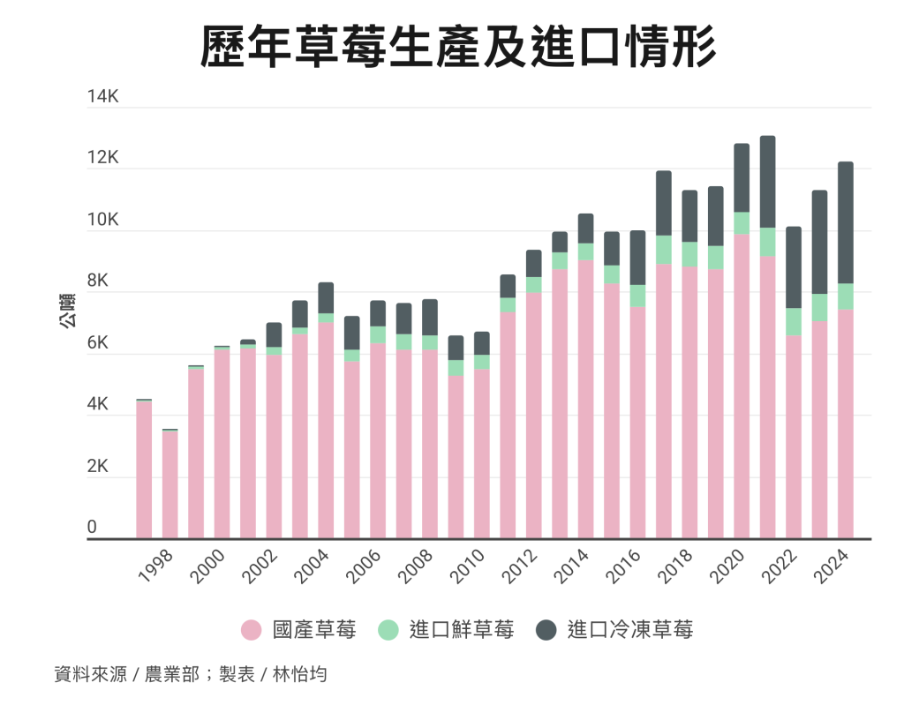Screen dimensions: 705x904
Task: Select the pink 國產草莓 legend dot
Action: pyautogui.click(x=252, y=630)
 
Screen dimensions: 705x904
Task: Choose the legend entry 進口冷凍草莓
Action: pyautogui.click(x=630, y=630)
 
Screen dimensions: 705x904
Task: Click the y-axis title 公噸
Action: pyautogui.click(x=66, y=313)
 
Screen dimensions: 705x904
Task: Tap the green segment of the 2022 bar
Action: pyautogui.click(x=794, y=321)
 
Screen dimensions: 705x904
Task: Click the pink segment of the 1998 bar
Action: pyautogui.click(x=170, y=484)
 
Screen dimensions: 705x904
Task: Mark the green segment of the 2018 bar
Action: pyautogui.click(x=689, y=254)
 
